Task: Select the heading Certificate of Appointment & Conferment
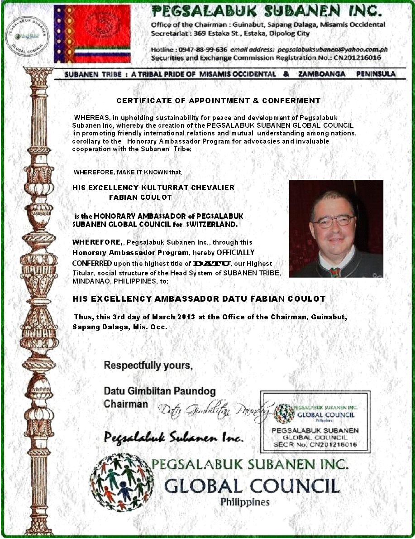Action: tap(218, 101)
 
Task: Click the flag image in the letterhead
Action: tap(92, 34)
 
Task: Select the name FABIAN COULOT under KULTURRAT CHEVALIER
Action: tap(140, 197)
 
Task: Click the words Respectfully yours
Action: tap(148, 366)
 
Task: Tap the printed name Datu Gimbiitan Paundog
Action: tap(160, 391)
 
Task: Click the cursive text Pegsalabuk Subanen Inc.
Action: tap(174, 438)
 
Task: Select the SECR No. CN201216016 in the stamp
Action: tap(315, 445)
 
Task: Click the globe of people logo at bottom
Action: tap(121, 482)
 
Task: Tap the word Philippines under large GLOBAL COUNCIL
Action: tap(244, 502)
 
